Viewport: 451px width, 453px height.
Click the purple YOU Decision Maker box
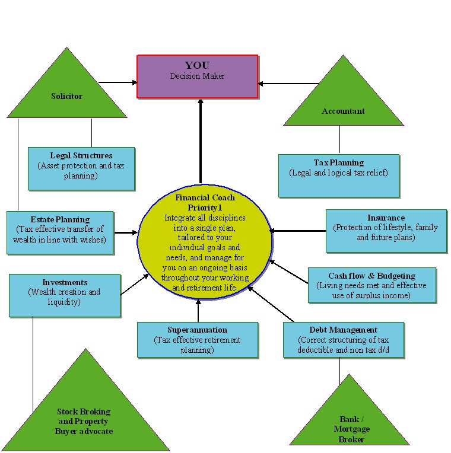pos(198,76)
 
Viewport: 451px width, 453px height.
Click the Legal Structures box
pos(81,168)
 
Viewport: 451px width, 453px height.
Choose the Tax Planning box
pos(339,176)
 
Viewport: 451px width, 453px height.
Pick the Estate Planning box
pos(60,232)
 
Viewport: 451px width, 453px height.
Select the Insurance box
pos(386,231)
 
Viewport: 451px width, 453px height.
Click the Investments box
pos(65,295)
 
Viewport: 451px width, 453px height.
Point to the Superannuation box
pos(197,340)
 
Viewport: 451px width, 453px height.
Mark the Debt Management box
pos(343,340)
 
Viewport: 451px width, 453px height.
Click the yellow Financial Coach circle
pos(205,243)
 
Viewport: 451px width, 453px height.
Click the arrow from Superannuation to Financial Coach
pos(198,311)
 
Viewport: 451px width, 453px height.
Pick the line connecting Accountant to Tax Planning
pos(339,140)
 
